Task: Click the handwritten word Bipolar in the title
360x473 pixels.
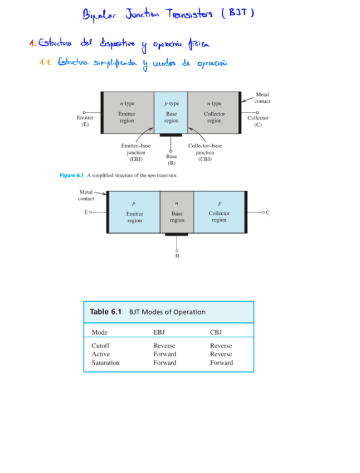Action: point(99,13)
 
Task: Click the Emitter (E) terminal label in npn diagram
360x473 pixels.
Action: point(85,121)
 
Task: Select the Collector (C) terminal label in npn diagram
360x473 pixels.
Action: point(257,121)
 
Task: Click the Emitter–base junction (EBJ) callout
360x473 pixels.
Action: point(135,152)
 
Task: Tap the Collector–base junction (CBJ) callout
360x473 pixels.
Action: point(205,152)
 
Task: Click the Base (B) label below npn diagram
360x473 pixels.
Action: point(171,160)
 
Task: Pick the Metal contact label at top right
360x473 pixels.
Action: point(262,98)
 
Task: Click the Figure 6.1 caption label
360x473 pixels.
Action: point(71,176)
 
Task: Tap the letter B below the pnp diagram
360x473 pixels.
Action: point(177,256)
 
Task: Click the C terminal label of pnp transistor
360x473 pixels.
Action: point(267,213)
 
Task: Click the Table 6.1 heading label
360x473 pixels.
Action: point(105,312)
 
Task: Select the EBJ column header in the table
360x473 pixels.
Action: point(159,332)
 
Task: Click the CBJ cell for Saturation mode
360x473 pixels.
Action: point(221,363)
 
